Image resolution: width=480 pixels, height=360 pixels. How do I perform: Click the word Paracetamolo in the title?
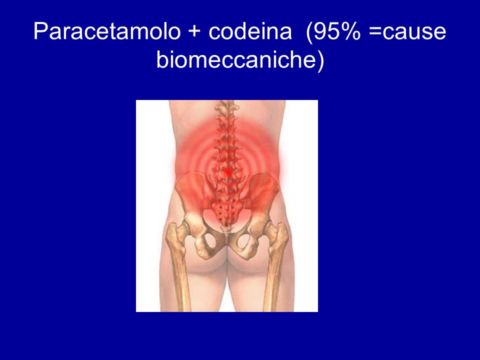[x=107, y=31]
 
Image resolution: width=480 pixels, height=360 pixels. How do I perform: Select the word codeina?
[x=250, y=31]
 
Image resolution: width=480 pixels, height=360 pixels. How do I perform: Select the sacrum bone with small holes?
[x=226, y=209]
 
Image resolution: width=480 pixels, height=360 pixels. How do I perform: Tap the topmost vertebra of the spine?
[x=226, y=107]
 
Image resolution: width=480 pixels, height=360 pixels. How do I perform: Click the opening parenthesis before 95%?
[x=309, y=32]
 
